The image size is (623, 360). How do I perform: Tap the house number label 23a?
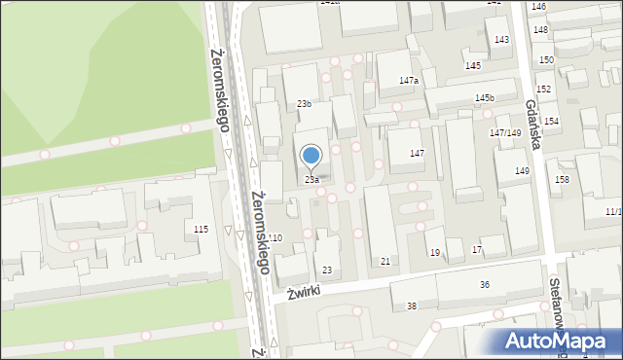point(311,180)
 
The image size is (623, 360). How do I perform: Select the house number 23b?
point(305,103)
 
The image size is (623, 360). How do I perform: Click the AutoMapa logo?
point(560,341)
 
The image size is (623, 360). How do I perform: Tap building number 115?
point(201,229)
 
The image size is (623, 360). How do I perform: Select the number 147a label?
point(408,80)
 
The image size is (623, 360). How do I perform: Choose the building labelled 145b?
point(484,98)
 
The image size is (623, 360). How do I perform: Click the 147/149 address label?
point(506,132)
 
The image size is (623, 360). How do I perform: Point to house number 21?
point(385,261)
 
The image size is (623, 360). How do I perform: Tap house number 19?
point(435,253)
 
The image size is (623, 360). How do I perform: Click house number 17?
point(477,250)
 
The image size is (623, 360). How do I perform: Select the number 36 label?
point(485,284)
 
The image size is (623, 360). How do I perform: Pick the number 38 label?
point(412,306)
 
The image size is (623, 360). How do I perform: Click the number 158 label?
point(562,179)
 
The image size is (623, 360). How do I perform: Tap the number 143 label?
point(501,40)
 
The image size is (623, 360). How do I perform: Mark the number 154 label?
point(551,121)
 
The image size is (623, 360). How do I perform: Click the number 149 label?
point(523,171)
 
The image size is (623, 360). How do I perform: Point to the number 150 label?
point(547,60)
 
